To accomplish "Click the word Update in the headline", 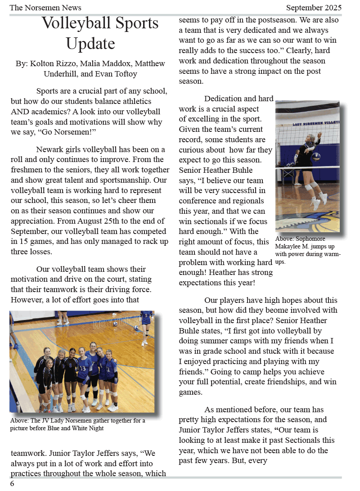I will click(90, 44).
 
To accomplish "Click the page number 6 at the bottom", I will click(12, 484).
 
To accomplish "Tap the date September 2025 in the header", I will click(314, 8).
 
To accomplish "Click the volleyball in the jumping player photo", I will click(316, 157).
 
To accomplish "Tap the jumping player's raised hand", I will click(319, 135).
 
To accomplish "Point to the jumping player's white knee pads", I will click(310, 185).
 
